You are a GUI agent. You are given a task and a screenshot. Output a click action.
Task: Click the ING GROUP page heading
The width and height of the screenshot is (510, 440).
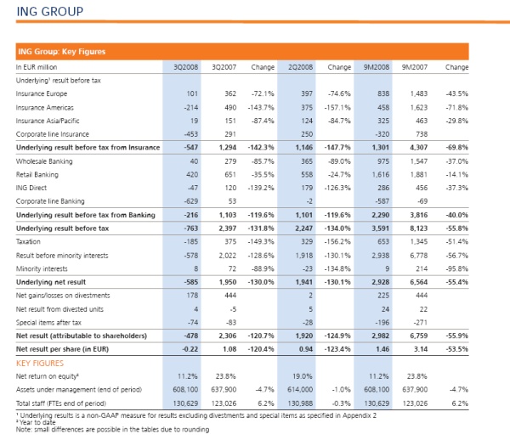coord(50,12)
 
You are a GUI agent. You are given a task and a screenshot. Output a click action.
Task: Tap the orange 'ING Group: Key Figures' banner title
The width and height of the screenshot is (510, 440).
coord(62,52)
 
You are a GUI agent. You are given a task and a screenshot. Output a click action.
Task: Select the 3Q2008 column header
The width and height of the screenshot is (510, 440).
coord(185,67)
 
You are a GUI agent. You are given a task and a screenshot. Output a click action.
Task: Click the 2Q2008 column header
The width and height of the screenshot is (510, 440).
coord(301,67)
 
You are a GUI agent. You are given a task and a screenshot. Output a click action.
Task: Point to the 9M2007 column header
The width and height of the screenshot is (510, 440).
coord(415,67)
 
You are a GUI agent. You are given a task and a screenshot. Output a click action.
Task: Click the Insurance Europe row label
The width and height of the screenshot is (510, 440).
coord(42,94)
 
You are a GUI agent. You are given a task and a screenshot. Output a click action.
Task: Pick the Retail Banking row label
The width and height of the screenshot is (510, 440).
coord(37,175)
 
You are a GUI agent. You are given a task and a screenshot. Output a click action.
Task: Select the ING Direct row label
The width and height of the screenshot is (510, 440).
coord(31,188)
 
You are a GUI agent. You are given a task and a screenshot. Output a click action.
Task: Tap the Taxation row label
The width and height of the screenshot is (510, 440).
coord(28,242)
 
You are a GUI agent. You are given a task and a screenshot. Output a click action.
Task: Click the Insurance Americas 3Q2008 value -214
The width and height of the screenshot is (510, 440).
coord(191,108)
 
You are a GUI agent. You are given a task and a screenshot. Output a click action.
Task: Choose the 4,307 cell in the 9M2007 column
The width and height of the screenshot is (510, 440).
coord(418,148)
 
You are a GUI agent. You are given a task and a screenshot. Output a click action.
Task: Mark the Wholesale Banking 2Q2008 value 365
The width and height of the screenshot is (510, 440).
coord(307,161)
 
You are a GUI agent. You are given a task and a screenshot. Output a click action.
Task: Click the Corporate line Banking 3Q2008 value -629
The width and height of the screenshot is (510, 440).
coord(191,201)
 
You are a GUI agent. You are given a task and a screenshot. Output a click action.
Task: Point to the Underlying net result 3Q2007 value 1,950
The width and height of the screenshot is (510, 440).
coord(228,282)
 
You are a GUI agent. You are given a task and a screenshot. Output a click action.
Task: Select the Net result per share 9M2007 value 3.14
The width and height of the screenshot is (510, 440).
coord(421,349)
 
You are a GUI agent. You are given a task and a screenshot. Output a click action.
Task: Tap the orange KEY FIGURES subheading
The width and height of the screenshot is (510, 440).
coord(40,364)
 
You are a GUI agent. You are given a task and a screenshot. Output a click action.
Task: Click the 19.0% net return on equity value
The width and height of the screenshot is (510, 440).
coord(303,376)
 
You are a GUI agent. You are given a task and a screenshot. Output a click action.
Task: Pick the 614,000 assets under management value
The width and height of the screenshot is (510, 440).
coord(300,390)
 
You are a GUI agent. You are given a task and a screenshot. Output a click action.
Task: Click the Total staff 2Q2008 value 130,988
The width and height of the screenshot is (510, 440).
coord(300,403)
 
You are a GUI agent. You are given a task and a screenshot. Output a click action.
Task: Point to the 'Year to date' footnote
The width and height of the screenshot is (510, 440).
coord(36,422)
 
